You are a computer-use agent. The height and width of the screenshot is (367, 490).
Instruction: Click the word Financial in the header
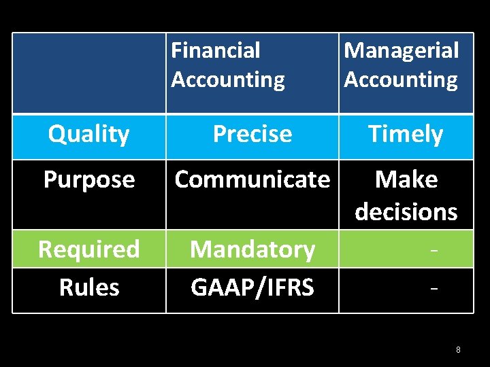pyautogui.click(x=216, y=50)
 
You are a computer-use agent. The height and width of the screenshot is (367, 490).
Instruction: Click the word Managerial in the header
pyautogui.click(x=401, y=50)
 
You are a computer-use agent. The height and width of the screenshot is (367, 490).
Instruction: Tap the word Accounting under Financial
pyautogui.click(x=228, y=80)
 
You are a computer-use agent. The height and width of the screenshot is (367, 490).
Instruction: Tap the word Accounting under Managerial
pyautogui.click(x=401, y=80)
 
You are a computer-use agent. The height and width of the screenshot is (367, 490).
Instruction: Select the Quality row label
pyautogui.click(x=88, y=135)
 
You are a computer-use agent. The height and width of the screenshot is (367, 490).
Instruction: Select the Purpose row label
pyautogui.click(x=88, y=179)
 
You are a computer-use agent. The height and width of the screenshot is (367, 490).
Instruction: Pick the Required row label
pyautogui.click(x=88, y=249)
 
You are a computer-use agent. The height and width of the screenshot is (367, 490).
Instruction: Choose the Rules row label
pyautogui.click(x=88, y=287)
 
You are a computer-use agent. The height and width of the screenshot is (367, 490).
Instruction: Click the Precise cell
pyautogui.click(x=252, y=135)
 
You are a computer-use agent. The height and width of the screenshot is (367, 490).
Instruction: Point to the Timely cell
pyautogui.click(x=406, y=135)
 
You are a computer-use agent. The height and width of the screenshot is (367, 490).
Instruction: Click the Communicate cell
pyautogui.click(x=252, y=179)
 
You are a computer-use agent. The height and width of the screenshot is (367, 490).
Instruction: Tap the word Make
pyautogui.click(x=406, y=179)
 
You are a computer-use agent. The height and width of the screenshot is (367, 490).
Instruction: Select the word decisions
pyautogui.click(x=406, y=212)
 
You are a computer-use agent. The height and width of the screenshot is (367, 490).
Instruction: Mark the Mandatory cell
pyautogui.click(x=252, y=249)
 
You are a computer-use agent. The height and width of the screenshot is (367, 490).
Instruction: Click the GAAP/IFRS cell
pyautogui.click(x=252, y=287)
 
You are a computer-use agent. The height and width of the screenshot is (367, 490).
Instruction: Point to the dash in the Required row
pyautogui.click(x=434, y=251)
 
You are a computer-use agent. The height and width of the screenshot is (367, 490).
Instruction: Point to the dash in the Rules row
pyautogui.click(x=434, y=289)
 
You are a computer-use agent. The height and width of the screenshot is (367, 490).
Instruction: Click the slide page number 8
pyautogui.click(x=458, y=350)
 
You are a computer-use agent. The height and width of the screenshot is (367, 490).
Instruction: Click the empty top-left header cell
pyautogui.click(x=89, y=73)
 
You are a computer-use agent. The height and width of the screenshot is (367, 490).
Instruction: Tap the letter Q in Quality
pyautogui.click(x=56, y=134)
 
